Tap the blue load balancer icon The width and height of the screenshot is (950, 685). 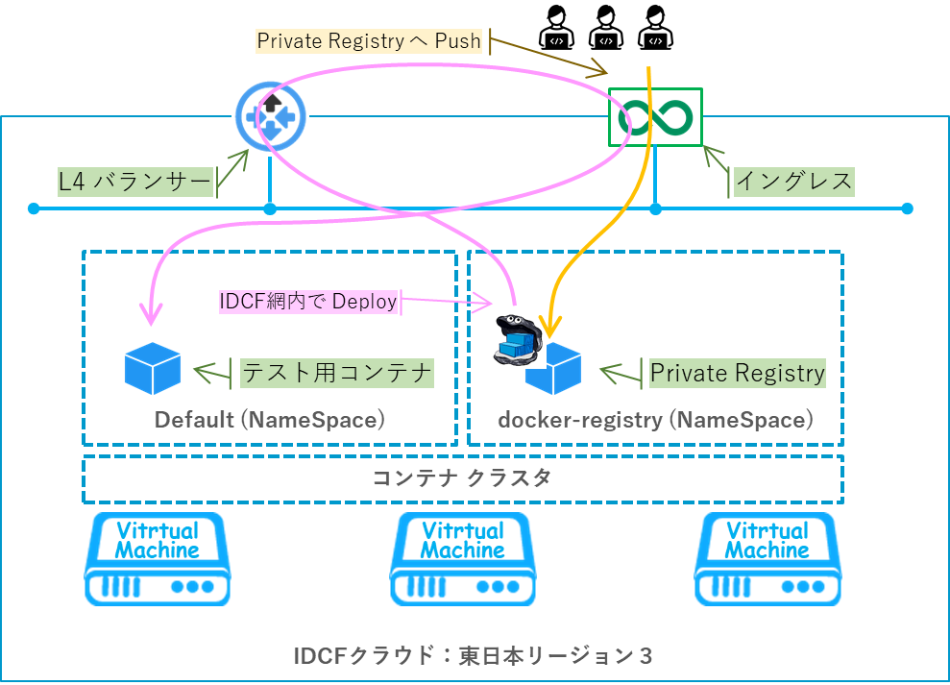point(270,117)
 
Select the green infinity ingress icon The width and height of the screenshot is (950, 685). point(655,117)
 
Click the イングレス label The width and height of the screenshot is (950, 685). point(793,181)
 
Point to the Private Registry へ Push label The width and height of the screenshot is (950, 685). point(369,40)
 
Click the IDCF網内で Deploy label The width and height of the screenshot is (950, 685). point(308,302)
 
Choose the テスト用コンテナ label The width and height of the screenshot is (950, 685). point(336,373)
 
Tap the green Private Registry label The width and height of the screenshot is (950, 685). point(737,373)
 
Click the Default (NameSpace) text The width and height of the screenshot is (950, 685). point(270,420)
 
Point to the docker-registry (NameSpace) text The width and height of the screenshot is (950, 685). point(655,420)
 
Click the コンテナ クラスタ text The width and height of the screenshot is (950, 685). point(462,478)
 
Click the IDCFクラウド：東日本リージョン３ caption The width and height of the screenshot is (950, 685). point(474,656)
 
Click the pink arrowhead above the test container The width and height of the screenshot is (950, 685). point(150,314)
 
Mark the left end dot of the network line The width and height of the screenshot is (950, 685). point(34,208)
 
